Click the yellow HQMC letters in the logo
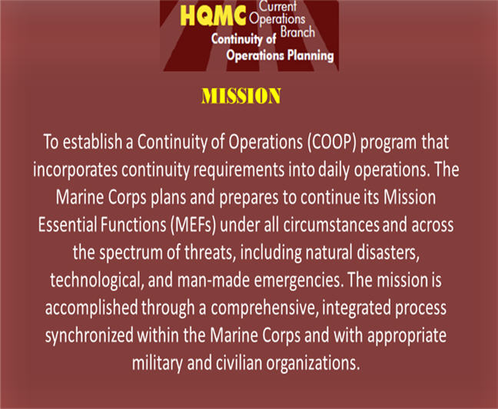213,16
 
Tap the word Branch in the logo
297,32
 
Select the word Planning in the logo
310,56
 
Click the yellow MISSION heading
241,96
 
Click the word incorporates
75,170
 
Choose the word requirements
239,170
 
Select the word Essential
68,225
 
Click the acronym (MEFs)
193,226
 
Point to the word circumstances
331,225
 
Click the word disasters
387,252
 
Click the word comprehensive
264,308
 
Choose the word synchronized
89,336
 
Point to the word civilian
239,363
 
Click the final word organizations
313,364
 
